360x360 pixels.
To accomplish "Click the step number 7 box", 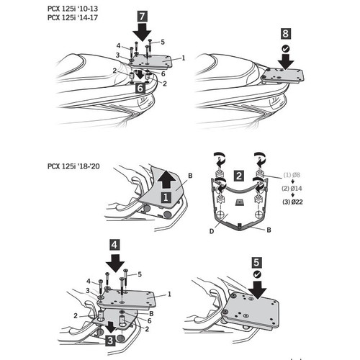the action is pyautogui.click(x=142, y=17).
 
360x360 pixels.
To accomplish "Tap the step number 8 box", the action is pyautogui.click(x=285, y=34).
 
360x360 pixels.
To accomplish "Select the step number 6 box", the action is pyautogui.click(x=140, y=88).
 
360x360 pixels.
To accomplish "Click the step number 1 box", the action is pyautogui.click(x=166, y=197).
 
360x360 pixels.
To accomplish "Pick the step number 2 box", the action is pyautogui.click(x=239, y=176).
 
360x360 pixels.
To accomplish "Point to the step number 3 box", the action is pyautogui.click(x=110, y=341).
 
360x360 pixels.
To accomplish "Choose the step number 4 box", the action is pyautogui.click(x=114, y=245).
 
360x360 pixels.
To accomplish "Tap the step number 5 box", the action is pyautogui.click(x=256, y=263).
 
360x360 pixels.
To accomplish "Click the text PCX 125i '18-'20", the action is pyautogui.click(x=73, y=166).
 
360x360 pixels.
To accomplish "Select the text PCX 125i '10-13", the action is pyautogui.click(x=73, y=9).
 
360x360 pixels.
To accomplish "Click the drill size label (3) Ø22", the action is pyautogui.click(x=292, y=202).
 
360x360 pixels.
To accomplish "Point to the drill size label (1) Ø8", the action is pyautogui.click(x=292, y=175).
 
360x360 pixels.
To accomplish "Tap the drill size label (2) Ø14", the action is pyautogui.click(x=292, y=189).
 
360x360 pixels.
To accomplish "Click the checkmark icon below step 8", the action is pyautogui.click(x=286, y=49).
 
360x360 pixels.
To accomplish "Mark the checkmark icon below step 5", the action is pyautogui.click(x=257, y=274).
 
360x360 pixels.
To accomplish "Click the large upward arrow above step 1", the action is pyautogui.click(x=166, y=179).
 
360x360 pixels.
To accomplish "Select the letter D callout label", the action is pyautogui.click(x=212, y=232).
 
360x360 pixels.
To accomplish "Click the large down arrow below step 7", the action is pyautogui.click(x=143, y=32).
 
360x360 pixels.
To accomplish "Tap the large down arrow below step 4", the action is pyautogui.click(x=115, y=263).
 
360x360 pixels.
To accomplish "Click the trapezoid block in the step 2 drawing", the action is pyautogui.click(x=239, y=202).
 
